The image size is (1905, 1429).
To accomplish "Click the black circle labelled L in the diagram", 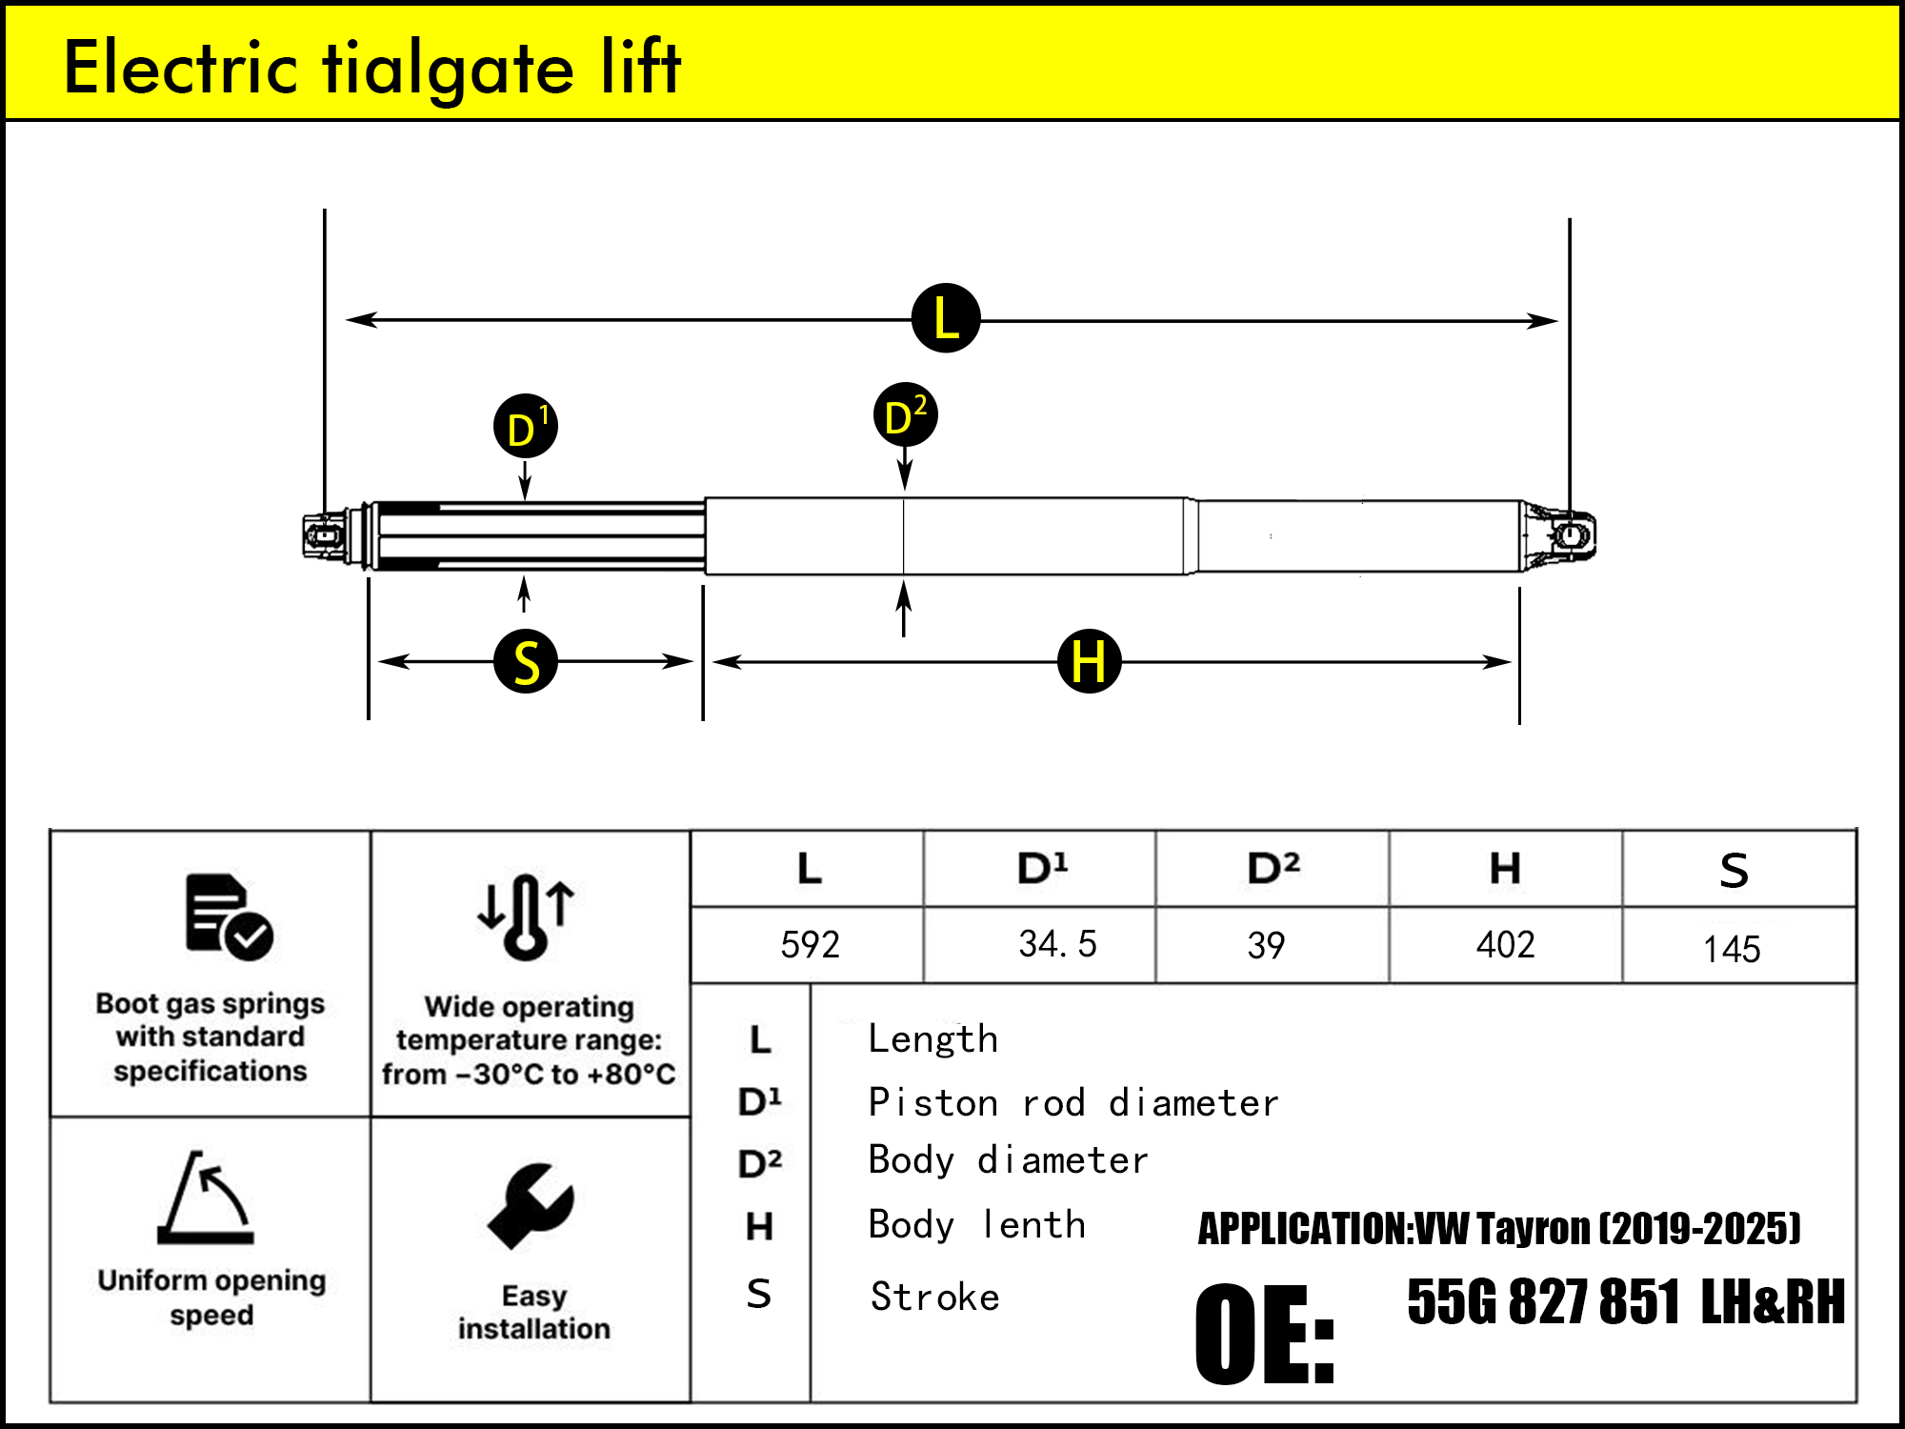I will tap(946, 318).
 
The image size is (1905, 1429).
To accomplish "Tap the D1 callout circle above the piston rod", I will tap(526, 426).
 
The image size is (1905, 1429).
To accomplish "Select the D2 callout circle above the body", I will tap(905, 415).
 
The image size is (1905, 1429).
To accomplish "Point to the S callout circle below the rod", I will tap(526, 661).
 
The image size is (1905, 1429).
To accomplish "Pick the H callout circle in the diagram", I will tap(1090, 661).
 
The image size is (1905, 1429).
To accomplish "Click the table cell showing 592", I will tap(810, 945).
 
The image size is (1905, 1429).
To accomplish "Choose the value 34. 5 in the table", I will tap(1057, 944).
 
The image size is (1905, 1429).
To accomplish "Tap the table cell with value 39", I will tap(1266, 945).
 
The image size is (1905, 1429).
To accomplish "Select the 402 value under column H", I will tap(1505, 945).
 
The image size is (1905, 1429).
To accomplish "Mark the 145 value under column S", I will tap(1732, 949).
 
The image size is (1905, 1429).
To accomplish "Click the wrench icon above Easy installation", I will tap(531, 1206).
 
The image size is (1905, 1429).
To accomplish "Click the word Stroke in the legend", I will tap(934, 1298).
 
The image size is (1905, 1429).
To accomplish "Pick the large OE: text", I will tap(1265, 1334).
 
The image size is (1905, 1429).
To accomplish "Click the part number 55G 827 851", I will tap(1543, 1301).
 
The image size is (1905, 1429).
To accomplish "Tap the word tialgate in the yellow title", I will tap(448, 69).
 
